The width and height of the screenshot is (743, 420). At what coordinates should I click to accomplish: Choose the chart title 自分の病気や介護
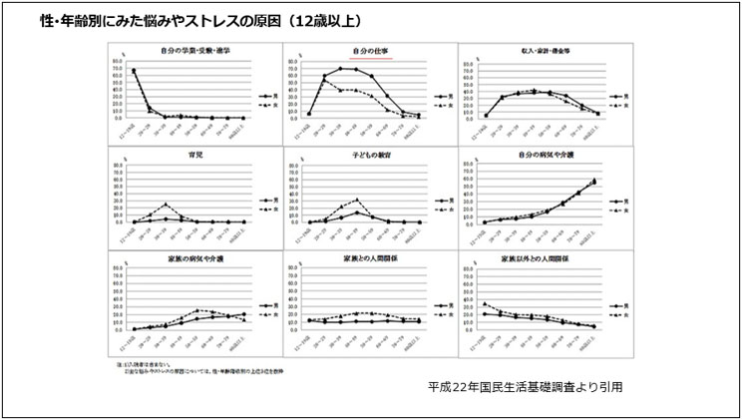pos(547,155)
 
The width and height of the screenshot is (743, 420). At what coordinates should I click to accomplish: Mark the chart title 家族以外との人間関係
pos(547,257)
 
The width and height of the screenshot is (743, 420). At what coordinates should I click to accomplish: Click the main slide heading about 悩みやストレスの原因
pos(200,20)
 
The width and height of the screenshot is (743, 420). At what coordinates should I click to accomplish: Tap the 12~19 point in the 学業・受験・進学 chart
pos(134,71)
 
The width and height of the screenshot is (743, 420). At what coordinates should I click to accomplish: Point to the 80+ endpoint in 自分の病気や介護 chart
pos(595,181)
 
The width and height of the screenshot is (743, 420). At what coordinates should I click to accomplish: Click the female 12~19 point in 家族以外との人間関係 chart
pos(484,303)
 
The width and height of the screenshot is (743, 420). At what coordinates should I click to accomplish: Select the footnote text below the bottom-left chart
pos(189,370)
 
